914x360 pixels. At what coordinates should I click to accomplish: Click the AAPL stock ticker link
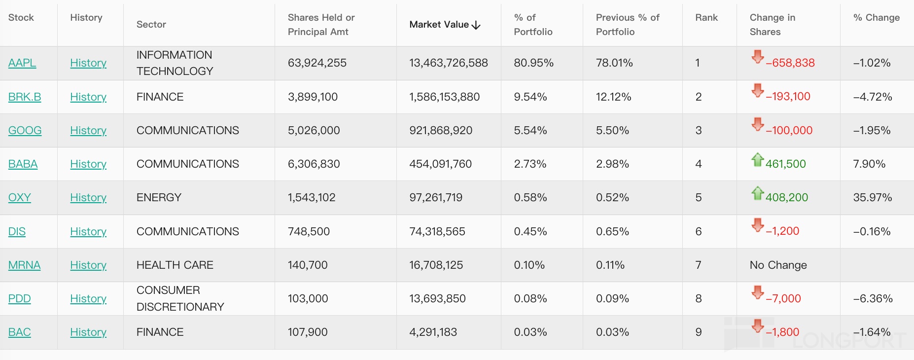pyautogui.click(x=22, y=63)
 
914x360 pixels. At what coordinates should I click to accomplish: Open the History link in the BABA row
pyautogui.click(x=88, y=164)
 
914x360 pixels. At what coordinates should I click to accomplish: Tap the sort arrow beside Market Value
pyautogui.click(x=476, y=25)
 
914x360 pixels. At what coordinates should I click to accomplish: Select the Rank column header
pyautogui.click(x=706, y=18)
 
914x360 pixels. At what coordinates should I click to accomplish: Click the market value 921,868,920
pyautogui.click(x=441, y=131)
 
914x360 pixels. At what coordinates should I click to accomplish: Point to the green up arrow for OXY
pyautogui.click(x=757, y=193)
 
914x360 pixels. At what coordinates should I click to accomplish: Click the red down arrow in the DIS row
pyautogui.click(x=757, y=225)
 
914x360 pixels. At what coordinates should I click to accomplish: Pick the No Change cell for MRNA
pyautogui.click(x=778, y=265)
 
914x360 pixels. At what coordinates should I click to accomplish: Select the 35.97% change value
pyautogui.click(x=872, y=198)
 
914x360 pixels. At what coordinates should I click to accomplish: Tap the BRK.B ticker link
pyautogui.click(x=25, y=97)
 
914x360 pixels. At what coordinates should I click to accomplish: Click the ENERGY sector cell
pyautogui.click(x=159, y=198)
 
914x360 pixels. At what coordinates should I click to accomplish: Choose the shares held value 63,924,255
pyautogui.click(x=317, y=63)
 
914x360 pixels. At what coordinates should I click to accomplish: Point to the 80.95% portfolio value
pyautogui.click(x=533, y=63)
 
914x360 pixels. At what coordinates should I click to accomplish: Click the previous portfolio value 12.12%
pyautogui.click(x=613, y=97)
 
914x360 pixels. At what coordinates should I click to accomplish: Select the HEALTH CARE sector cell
pyautogui.click(x=175, y=265)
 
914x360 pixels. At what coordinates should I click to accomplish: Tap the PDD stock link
pyautogui.click(x=20, y=299)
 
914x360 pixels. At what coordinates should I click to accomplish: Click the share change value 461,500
pyautogui.click(x=785, y=164)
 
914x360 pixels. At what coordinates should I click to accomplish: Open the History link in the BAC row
pyautogui.click(x=88, y=332)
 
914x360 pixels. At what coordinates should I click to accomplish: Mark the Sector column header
pyautogui.click(x=151, y=25)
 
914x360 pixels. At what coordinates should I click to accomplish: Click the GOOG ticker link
pyautogui.click(x=25, y=131)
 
